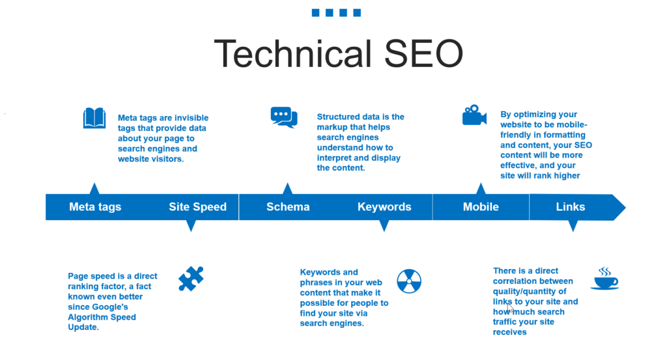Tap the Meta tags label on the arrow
(95, 207)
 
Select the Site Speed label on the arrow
(197, 207)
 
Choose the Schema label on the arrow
(288, 207)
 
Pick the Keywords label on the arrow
(384, 207)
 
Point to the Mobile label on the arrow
(481, 207)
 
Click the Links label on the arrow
(571, 207)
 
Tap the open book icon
(94, 118)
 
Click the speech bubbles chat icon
(284, 117)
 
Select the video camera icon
(474, 115)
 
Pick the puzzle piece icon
(191, 279)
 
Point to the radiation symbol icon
(409, 281)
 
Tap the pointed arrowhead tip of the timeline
(623, 207)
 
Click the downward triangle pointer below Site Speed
(191, 225)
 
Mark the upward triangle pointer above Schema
(287, 189)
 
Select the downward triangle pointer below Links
(573, 225)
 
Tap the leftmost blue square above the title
(316, 12)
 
